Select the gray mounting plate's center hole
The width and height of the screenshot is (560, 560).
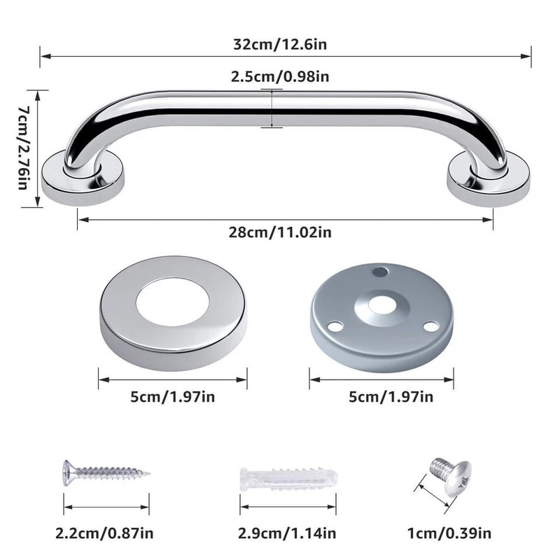click(x=381, y=304)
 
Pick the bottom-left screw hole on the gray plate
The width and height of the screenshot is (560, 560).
click(x=335, y=325)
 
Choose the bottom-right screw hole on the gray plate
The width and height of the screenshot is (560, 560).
click(x=430, y=326)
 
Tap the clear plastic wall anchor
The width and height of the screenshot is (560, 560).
click(x=288, y=479)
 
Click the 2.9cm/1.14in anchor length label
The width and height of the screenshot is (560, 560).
click(x=287, y=533)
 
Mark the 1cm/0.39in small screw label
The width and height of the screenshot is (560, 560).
click(x=449, y=533)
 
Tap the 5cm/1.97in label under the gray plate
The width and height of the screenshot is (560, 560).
click(x=382, y=397)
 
